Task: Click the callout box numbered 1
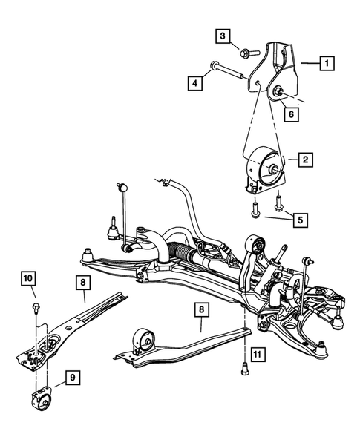[324, 64]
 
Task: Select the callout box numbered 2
[304, 159]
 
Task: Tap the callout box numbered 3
[223, 36]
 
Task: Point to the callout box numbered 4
[194, 84]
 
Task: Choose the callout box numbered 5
[299, 220]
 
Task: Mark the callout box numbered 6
[290, 115]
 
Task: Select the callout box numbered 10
[27, 279]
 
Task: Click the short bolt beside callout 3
[247, 51]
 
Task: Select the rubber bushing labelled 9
[39, 401]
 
